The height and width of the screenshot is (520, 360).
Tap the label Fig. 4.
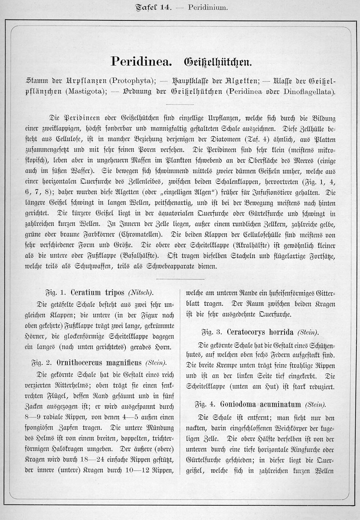tap(206, 404)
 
